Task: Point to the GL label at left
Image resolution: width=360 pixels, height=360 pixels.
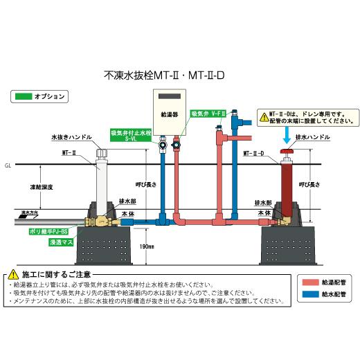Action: [x=6, y=166]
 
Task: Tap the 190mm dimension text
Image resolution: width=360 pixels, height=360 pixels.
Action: [x=144, y=246]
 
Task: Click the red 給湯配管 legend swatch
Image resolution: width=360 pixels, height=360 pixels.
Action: [x=308, y=282]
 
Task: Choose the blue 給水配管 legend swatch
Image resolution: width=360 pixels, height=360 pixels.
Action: [x=308, y=294]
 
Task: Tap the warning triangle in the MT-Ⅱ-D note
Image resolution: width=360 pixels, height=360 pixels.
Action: [x=264, y=116]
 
